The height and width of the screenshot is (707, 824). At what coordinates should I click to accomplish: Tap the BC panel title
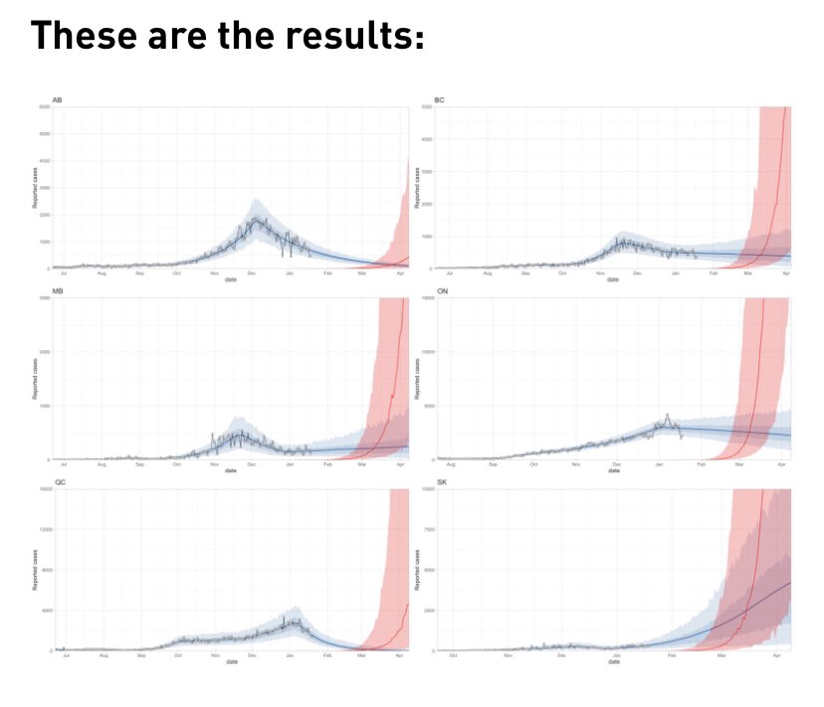(x=440, y=101)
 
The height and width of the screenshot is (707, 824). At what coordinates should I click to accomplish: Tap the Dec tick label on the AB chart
(x=252, y=272)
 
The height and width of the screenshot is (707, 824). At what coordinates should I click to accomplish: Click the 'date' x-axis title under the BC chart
(x=613, y=278)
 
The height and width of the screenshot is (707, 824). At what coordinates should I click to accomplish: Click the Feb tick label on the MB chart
(x=327, y=464)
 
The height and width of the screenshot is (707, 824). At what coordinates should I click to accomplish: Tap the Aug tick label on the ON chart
(x=451, y=464)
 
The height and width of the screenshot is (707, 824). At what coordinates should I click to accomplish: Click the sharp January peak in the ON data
(x=667, y=416)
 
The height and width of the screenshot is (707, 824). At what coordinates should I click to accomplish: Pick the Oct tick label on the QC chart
(x=177, y=655)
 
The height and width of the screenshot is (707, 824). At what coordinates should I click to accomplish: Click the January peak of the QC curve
(x=291, y=619)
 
